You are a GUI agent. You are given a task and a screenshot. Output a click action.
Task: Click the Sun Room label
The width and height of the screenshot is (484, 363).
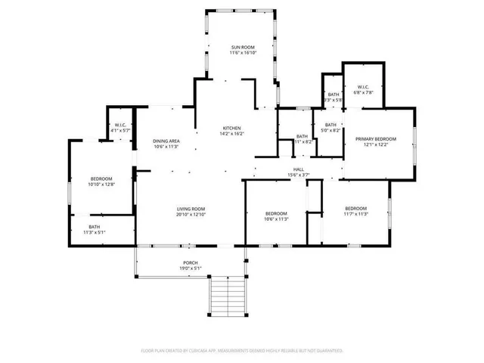tap(243, 48)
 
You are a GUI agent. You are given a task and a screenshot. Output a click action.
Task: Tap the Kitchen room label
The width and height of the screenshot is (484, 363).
tap(231, 127)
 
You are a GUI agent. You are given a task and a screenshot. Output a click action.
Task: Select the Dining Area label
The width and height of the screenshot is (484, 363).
tap(166, 141)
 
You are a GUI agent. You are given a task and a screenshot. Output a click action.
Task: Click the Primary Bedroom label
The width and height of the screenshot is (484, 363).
tap(377, 139)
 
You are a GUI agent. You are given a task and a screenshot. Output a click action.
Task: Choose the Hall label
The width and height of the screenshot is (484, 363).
tap(299, 169)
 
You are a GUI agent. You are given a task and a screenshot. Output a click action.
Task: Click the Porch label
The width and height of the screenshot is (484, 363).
tap(191, 262)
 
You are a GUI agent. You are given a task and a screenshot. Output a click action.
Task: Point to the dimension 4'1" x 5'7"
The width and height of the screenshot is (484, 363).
tap(120, 131)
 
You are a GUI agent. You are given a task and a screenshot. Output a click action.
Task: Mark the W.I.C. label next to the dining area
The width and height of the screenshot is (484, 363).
tap(120, 126)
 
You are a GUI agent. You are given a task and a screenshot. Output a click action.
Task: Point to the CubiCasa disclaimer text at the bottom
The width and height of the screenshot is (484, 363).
tap(242, 351)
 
